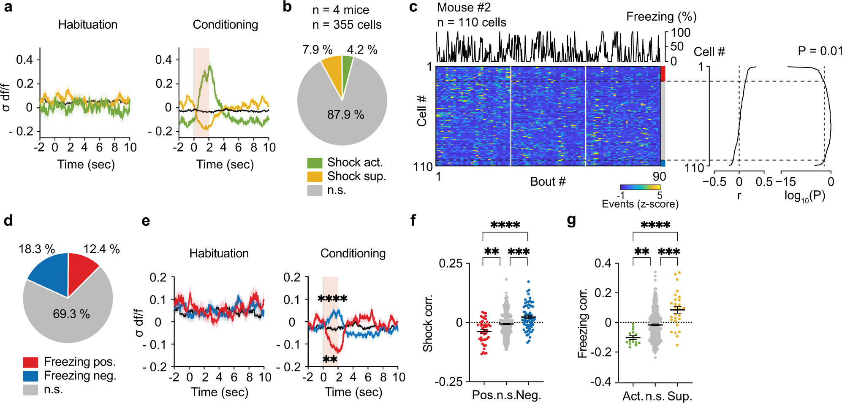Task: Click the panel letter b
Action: click(x=287, y=7)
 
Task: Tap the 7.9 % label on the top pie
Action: click(x=317, y=50)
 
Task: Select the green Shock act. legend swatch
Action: click(x=315, y=163)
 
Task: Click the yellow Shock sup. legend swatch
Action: click(x=315, y=176)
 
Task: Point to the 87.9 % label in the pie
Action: click(x=345, y=115)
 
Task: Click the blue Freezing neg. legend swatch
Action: click(x=30, y=376)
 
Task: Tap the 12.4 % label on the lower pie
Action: click(x=101, y=249)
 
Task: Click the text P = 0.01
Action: click(x=820, y=51)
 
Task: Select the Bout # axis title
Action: click(x=548, y=182)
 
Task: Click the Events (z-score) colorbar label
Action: click(x=640, y=204)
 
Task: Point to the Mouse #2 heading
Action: click(x=464, y=8)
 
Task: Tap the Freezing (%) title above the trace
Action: click(x=661, y=17)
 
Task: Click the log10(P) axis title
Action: click(x=804, y=196)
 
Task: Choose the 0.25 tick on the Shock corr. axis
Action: click(x=451, y=264)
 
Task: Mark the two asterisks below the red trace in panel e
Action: click(x=330, y=360)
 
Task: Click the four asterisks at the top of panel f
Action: click(x=505, y=225)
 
